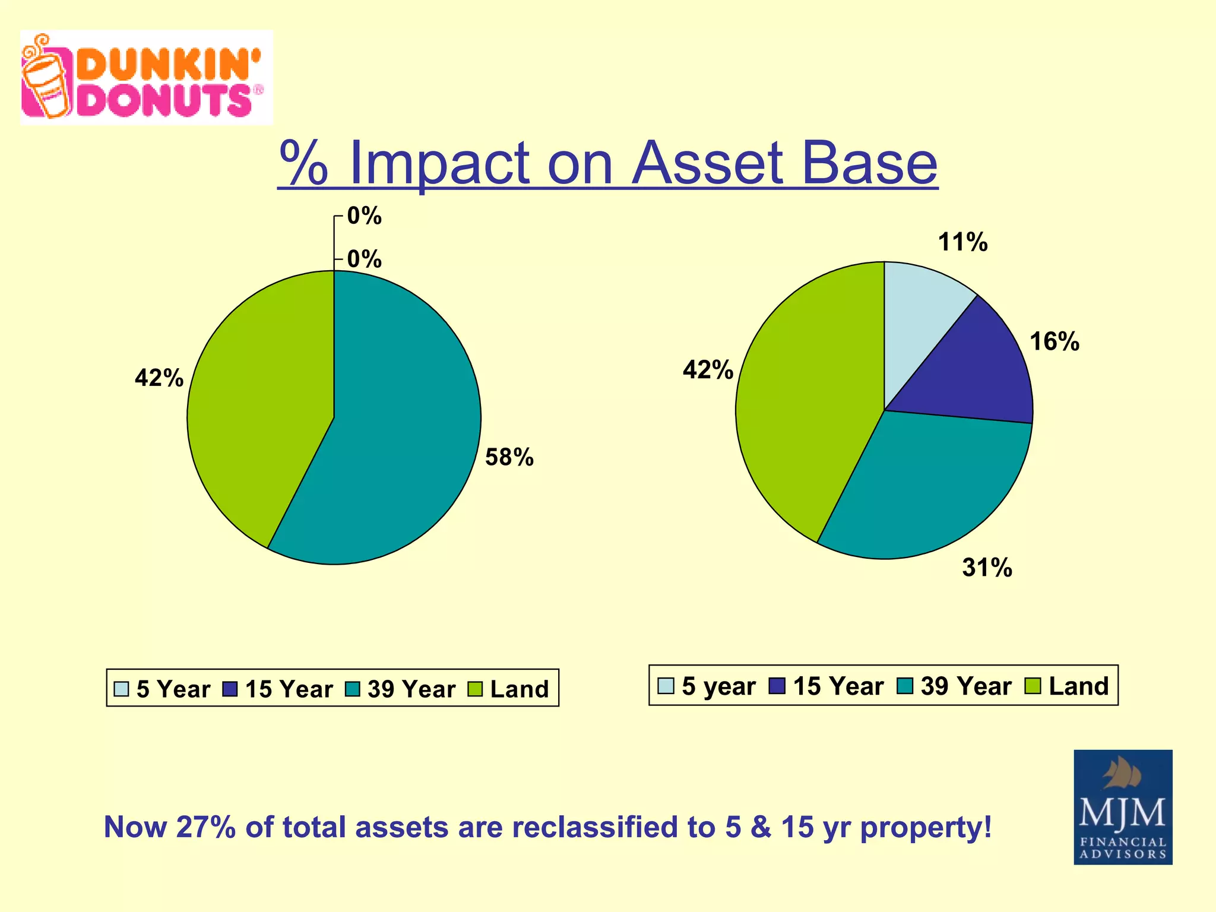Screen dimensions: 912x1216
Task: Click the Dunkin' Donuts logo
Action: click(146, 78)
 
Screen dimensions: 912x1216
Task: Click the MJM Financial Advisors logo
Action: click(1122, 807)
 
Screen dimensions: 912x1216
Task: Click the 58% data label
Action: click(509, 458)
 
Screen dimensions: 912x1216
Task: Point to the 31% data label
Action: click(987, 568)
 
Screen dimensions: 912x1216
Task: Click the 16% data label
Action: click(1054, 342)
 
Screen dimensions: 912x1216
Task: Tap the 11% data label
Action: click(962, 243)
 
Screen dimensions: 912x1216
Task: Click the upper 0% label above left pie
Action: click(364, 216)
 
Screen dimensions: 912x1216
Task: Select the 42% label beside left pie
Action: click(159, 378)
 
